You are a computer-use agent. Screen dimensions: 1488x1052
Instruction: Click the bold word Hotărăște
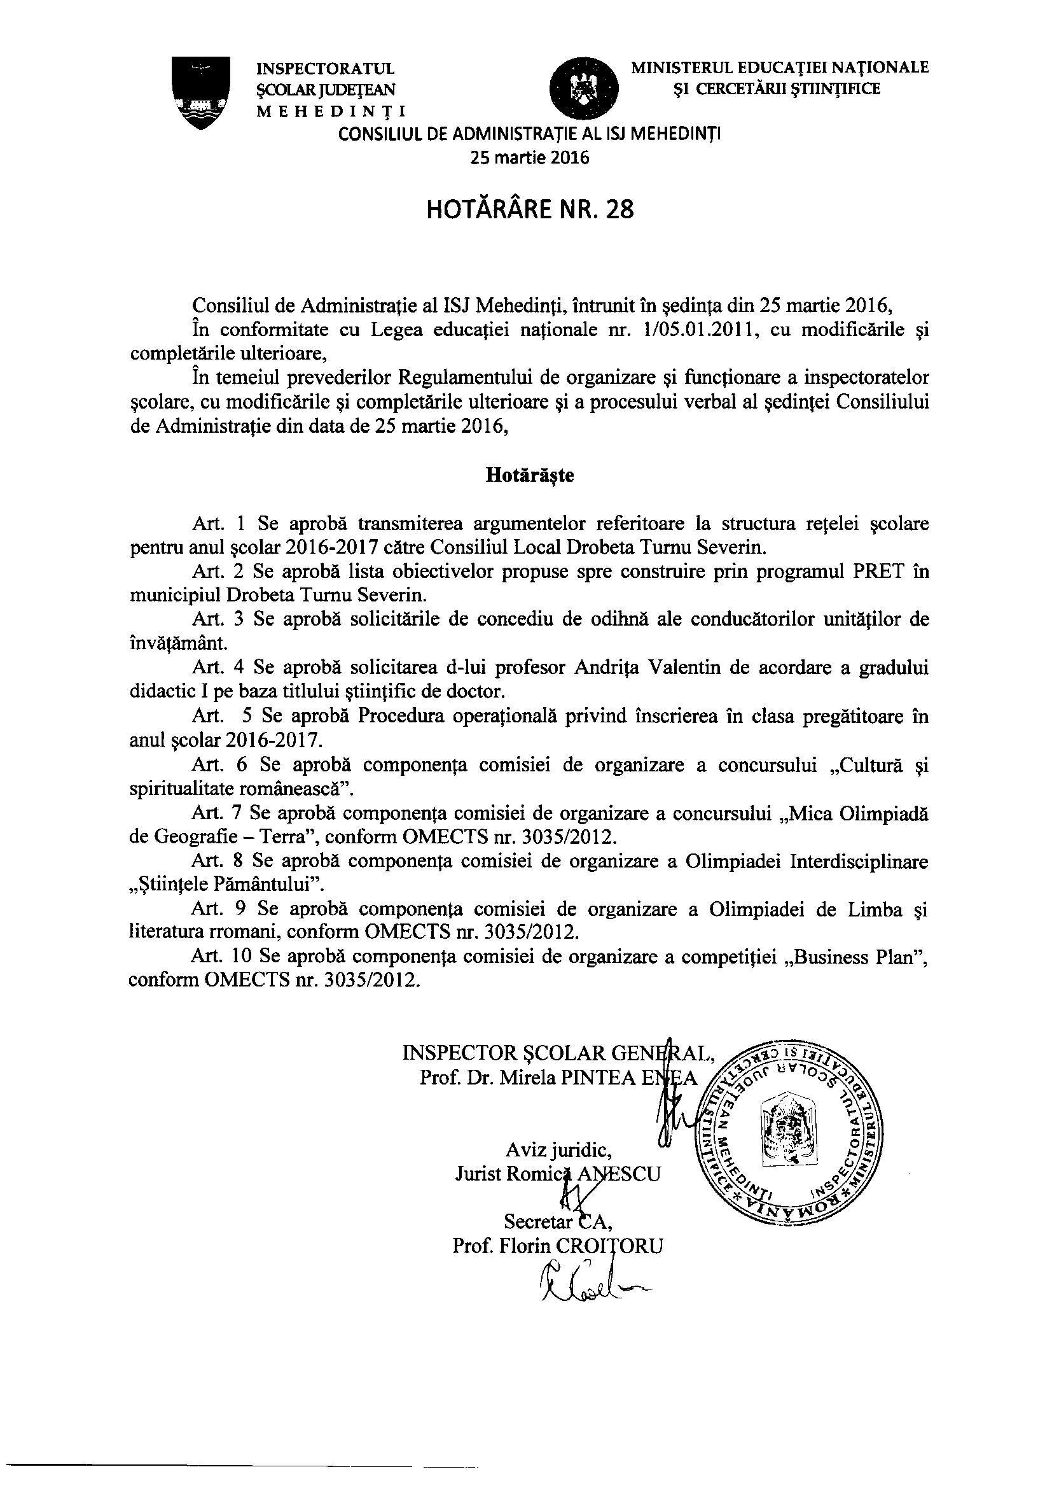click(x=529, y=475)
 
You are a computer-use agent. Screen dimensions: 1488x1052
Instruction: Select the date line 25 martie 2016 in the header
click(x=529, y=157)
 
